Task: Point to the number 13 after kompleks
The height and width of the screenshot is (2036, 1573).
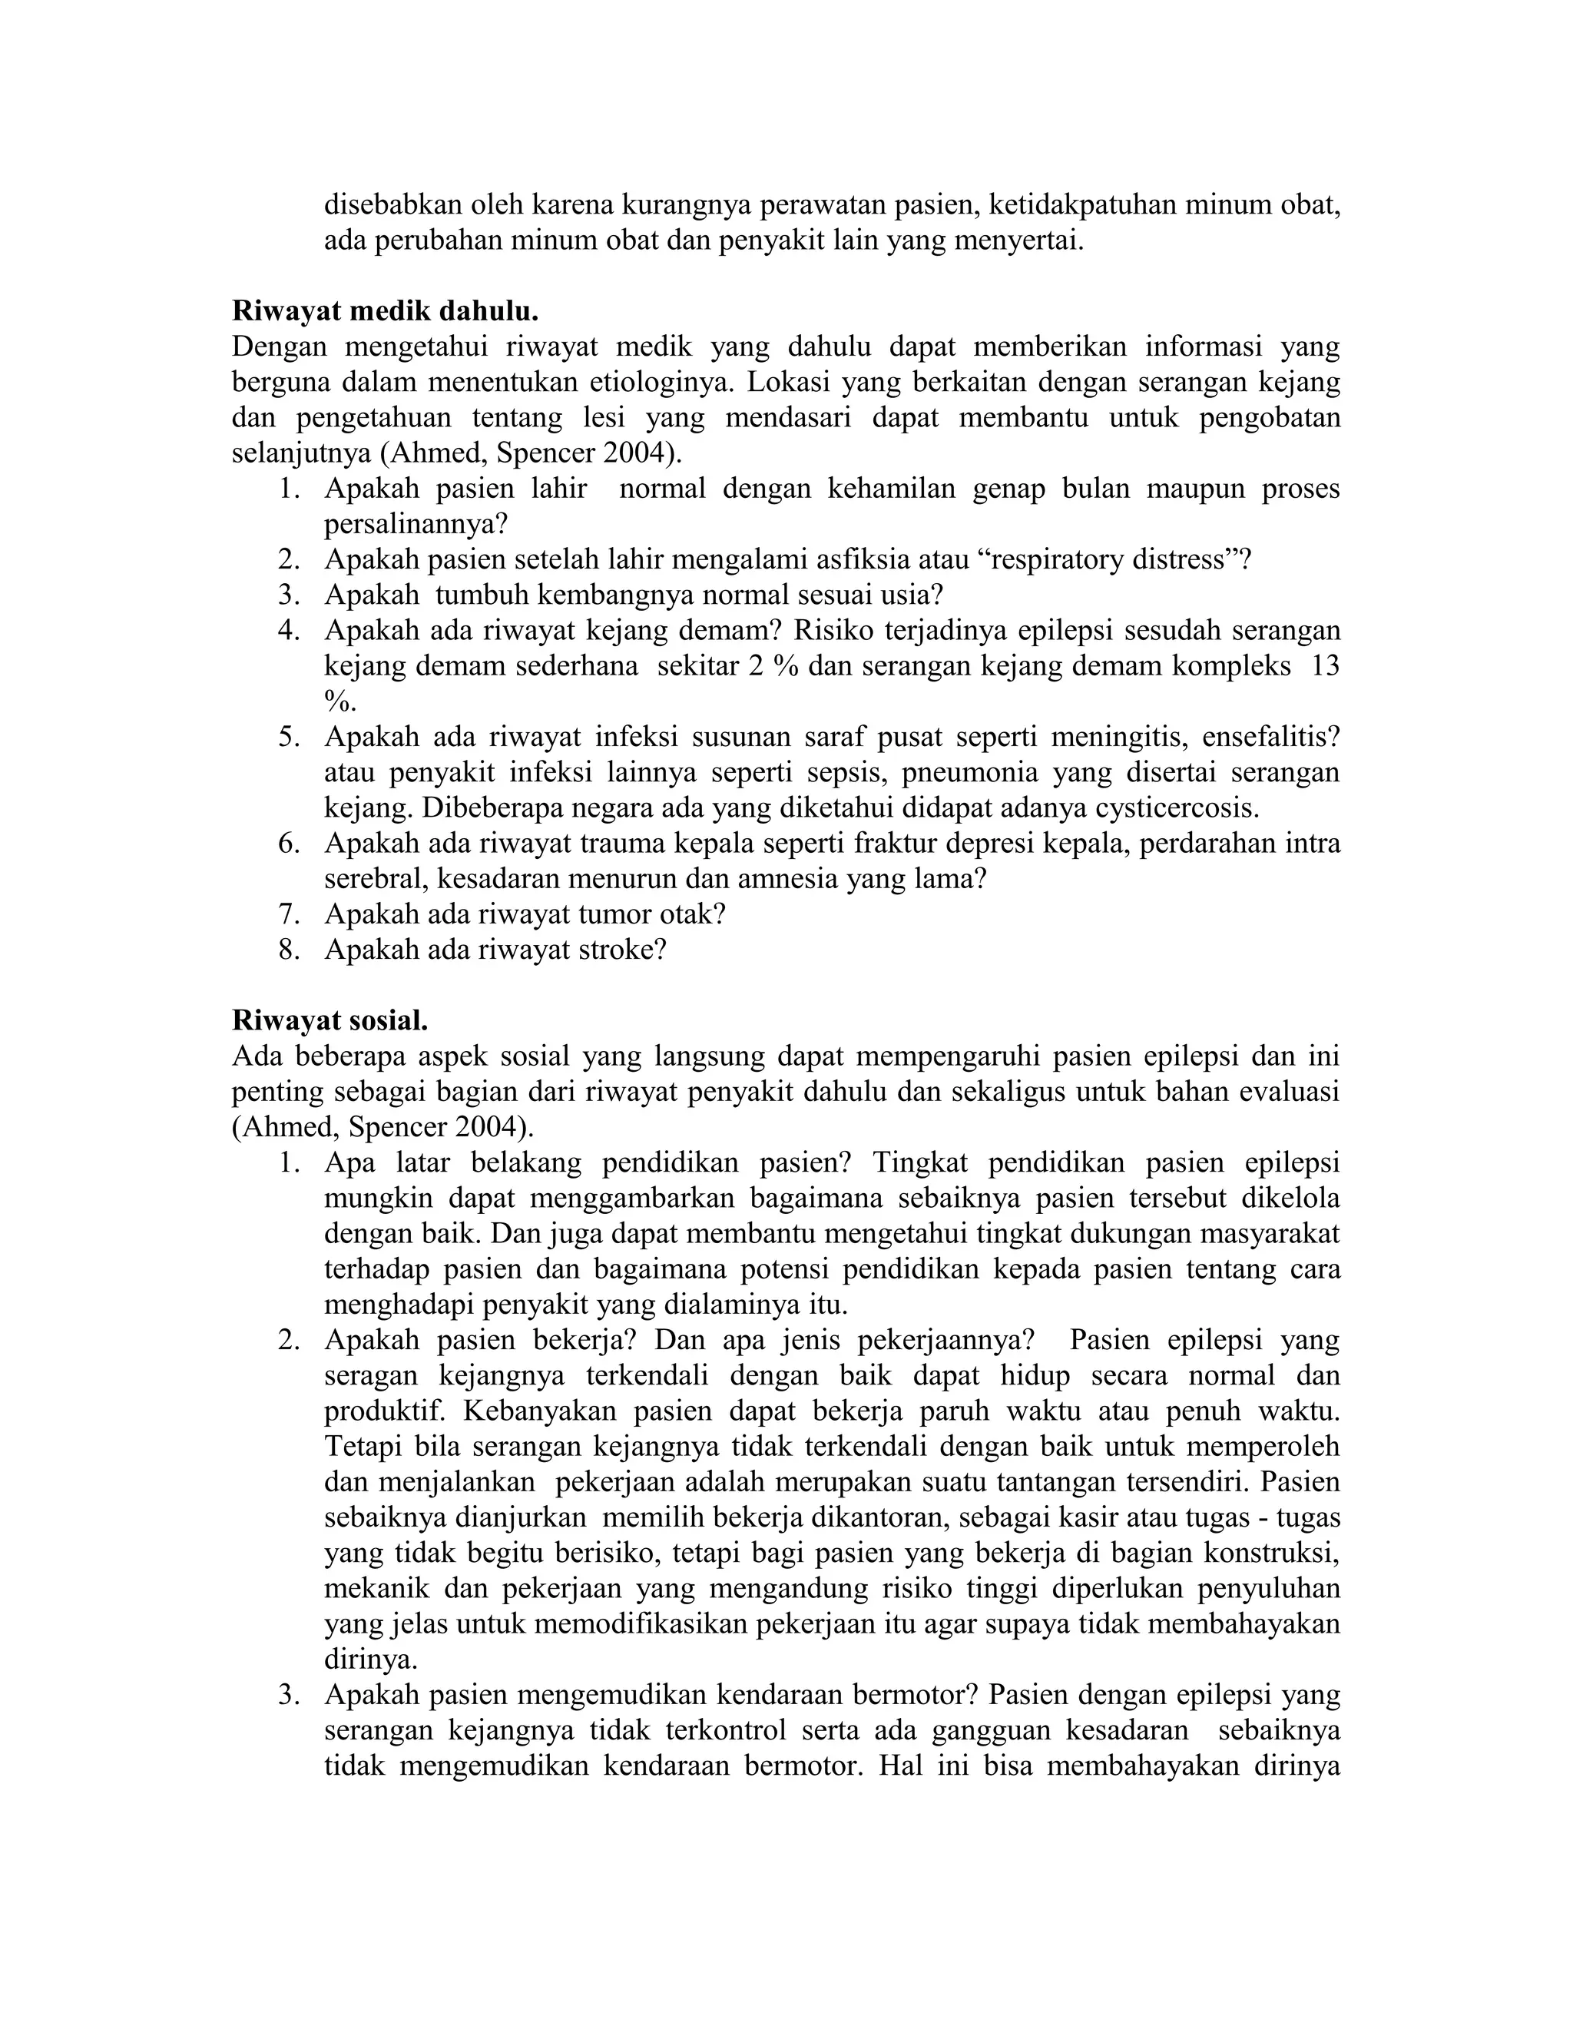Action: [x=1324, y=667]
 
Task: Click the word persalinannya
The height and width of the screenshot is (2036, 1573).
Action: [x=416, y=525]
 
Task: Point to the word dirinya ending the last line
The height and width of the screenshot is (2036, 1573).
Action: [x=1296, y=1766]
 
